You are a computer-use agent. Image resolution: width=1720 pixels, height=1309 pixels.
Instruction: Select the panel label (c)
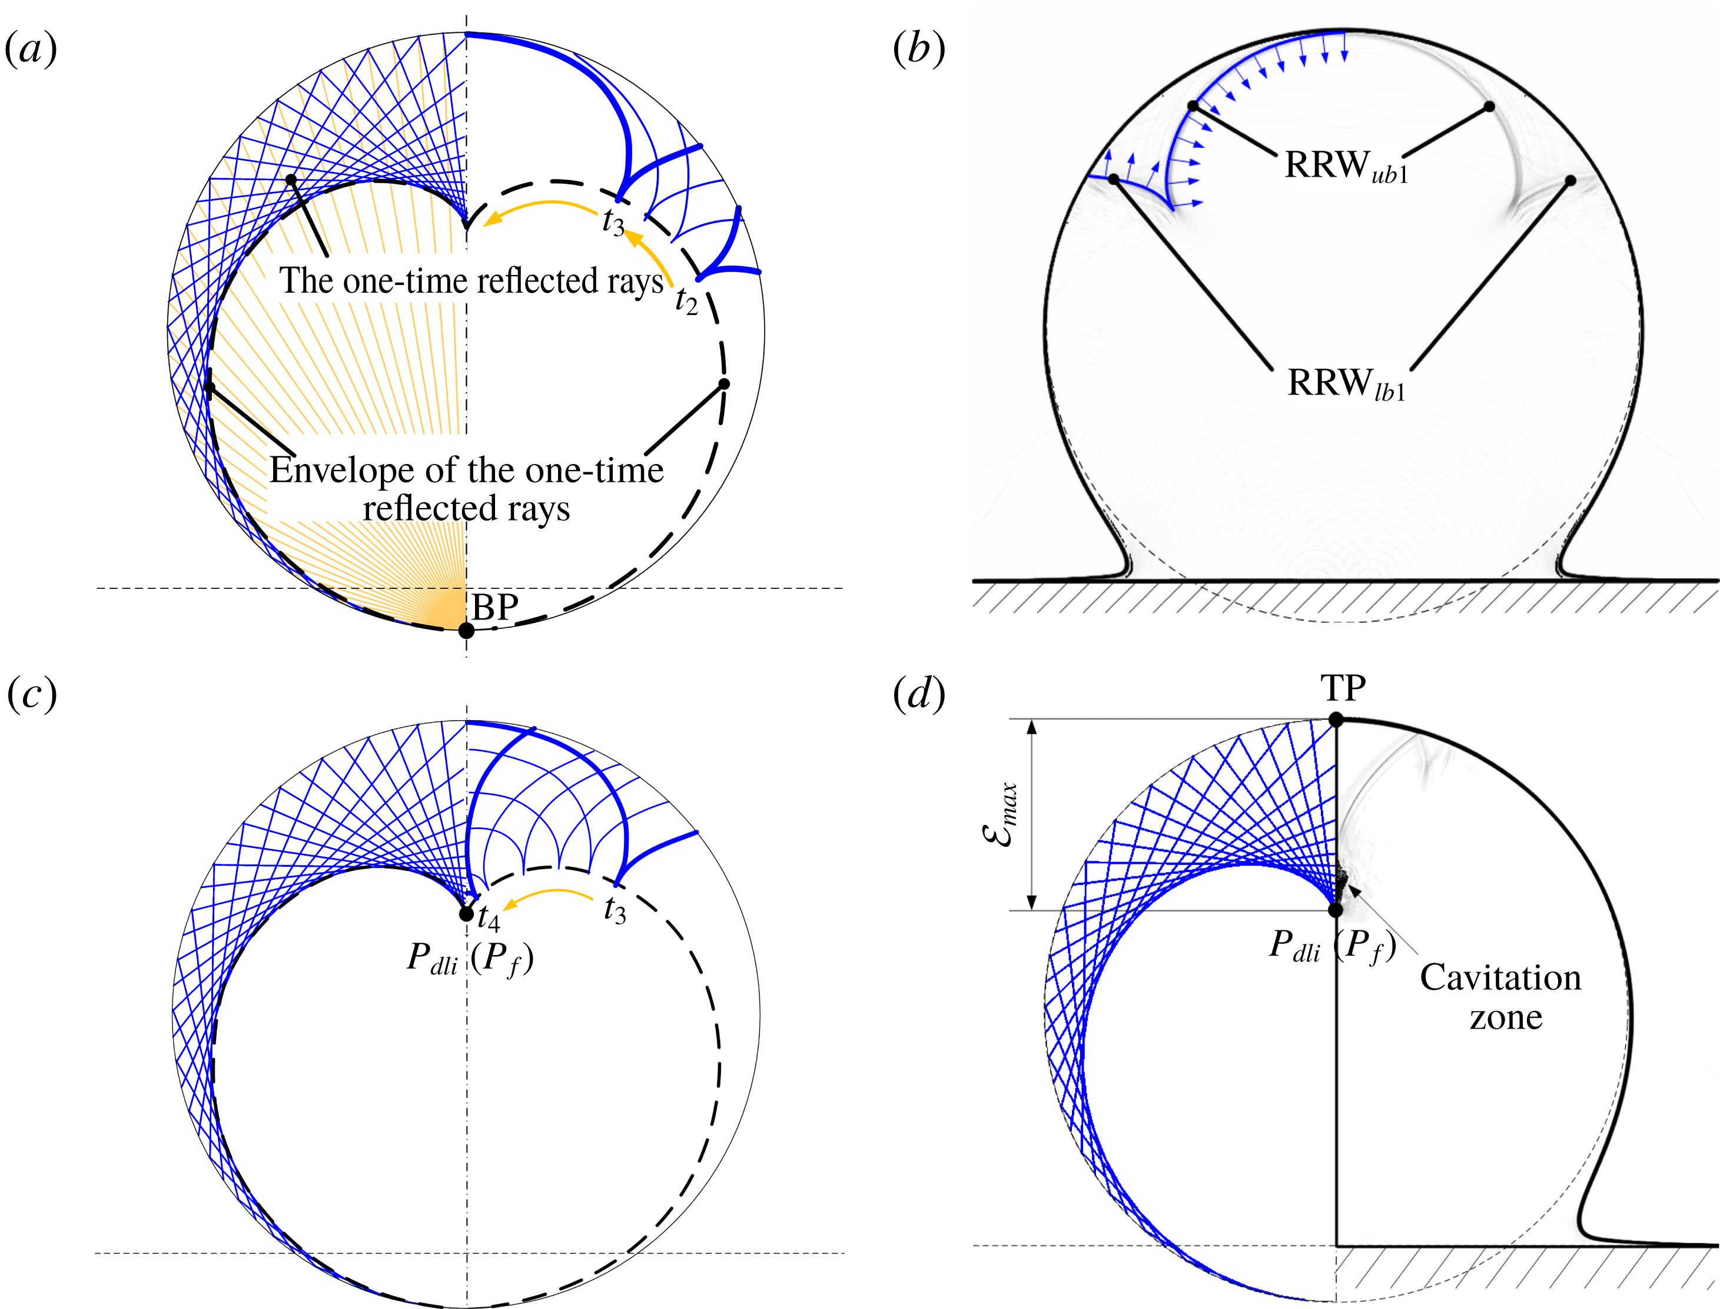pos(31,694)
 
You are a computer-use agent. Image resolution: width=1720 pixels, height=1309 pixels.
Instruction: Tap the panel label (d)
pos(919,694)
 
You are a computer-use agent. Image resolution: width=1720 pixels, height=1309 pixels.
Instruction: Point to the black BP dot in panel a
pos(466,630)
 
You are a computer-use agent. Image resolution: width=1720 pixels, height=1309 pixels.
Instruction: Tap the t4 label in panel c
pos(489,918)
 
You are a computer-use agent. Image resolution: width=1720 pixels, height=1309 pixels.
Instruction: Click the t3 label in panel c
pos(615,910)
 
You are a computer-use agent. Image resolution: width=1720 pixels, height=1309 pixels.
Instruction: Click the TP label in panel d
pos(1343,689)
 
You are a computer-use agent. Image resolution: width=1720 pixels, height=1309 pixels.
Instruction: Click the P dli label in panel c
pos(432,959)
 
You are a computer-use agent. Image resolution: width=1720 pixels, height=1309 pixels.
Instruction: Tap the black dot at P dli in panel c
pos(466,913)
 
